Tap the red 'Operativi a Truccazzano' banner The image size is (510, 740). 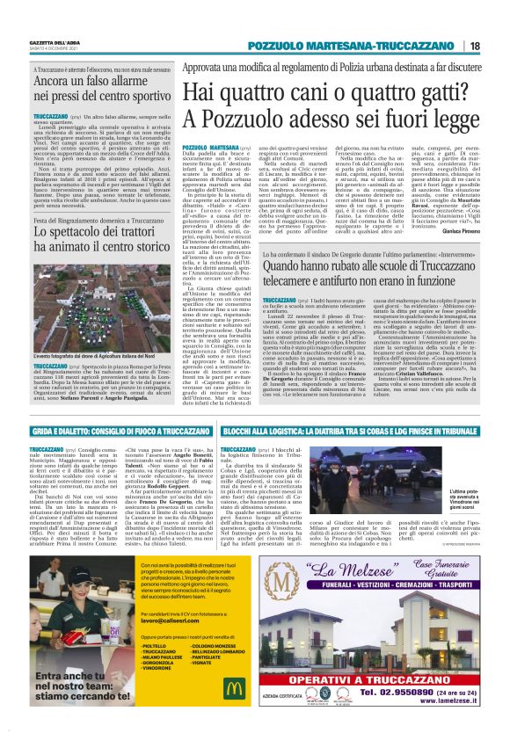pyautogui.click(x=383, y=675)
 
